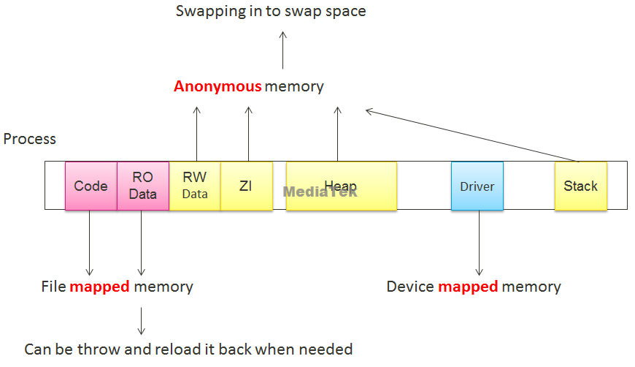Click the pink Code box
[x=91, y=186]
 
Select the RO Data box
[x=143, y=186]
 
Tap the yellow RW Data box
[x=195, y=186]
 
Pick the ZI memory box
[x=246, y=186]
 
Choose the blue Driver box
[x=477, y=186]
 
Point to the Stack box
[x=580, y=186]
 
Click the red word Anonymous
[x=218, y=86]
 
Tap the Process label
[x=30, y=139]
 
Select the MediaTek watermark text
[x=320, y=192]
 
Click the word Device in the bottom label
[x=410, y=287]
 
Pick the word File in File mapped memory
[x=53, y=287]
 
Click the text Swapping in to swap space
[x=271, y=12]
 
